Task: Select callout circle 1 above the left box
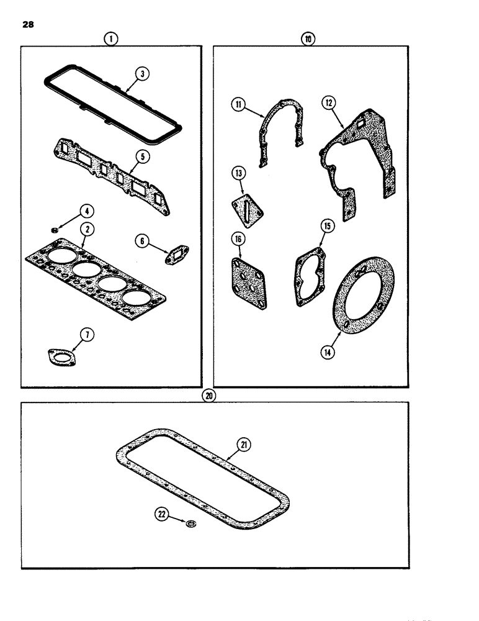[x=111, y=39]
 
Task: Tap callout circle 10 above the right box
[x=308, y=39]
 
